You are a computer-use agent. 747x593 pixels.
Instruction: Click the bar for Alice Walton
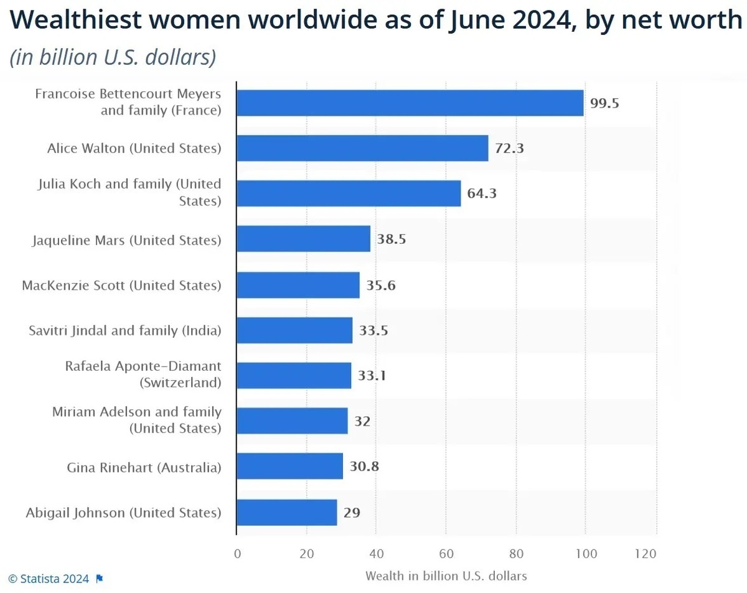click(x=362, y=148)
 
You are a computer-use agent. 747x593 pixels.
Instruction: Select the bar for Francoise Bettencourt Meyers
click(x=410, y=103)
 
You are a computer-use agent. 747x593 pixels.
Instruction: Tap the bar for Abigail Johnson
click(x=287, y=513)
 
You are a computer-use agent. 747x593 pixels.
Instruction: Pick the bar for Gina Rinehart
click(x=290, y=467)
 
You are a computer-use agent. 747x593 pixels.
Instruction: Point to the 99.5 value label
click(x=604, y=103)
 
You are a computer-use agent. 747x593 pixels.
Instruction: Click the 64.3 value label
click(x=482, y=194)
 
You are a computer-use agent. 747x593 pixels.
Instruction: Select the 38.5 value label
click(x=392, y=239)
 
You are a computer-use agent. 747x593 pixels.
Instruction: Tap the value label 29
click(x=352, y=513)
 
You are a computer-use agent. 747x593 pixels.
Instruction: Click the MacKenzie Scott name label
click(x=121, y=285)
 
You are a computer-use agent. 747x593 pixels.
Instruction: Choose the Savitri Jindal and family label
click(x=125, y=330)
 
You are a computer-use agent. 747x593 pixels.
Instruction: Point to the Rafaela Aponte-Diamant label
click(x=143, y=374)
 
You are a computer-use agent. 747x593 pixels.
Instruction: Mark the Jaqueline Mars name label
click(x=126, y=240)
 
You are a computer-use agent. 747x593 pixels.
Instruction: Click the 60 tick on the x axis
click(x=446, y=554)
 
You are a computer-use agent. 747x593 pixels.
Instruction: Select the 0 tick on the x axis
click(x=237, y=554)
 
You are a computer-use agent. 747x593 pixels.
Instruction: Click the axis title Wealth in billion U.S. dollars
click(x=446, y=576)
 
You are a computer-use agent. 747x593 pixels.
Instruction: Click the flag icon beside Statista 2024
click(x=100, y=579)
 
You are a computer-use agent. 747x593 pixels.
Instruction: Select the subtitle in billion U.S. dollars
click(x=113, y=57)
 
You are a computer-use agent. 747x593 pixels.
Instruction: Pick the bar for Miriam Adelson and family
click(x=293, y=421)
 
